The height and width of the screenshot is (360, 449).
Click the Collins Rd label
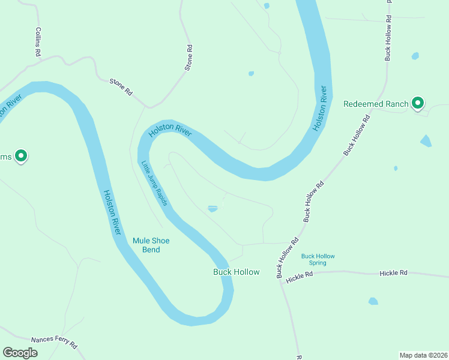(x=37, y=42)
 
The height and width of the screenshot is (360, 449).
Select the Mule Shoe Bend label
(x=151, y=245)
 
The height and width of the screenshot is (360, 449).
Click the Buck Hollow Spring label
(x=318, y=259)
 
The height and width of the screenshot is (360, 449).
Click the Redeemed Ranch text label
(x=376, y=104)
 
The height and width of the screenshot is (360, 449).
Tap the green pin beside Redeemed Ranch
(x=418, y=103)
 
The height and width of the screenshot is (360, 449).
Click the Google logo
(x=20, y=353)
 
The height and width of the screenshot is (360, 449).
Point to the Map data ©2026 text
(x=423, y=355)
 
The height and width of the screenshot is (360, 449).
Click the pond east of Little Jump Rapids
(x=212, y=209)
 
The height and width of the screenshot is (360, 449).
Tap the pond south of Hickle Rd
(x=373, y=301)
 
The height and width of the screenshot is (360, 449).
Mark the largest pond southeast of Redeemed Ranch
(x=426, y=141)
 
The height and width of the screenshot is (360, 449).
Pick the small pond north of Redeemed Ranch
(x=415, y=56)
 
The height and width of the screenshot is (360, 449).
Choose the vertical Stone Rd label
(x=188, y=58)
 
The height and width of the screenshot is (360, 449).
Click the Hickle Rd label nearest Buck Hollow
(x=300, y=277)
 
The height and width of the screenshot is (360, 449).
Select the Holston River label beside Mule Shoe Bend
(x=113, y=212)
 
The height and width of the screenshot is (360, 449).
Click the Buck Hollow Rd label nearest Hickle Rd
(x=287, y=259)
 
